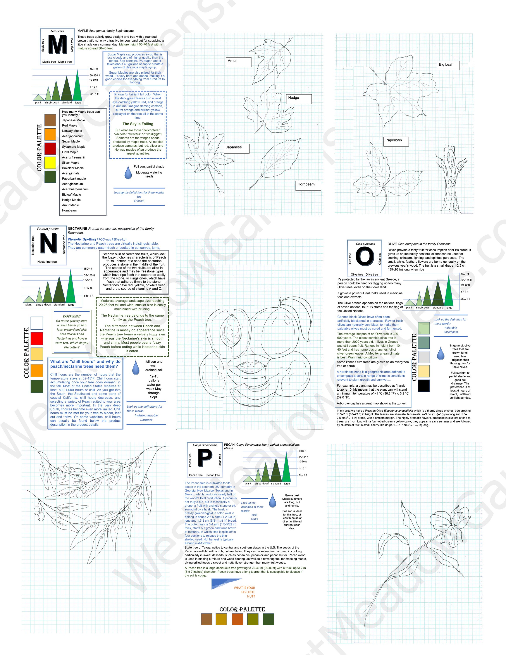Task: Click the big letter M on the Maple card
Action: coord(57,45)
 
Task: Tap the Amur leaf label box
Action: coord(239,62)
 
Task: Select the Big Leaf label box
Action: coord(447,65)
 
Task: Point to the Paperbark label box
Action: coord(396,141)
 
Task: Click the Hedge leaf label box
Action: coord(299,99)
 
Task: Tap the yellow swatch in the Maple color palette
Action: coord(50,163)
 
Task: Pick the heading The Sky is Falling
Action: coord(138,124)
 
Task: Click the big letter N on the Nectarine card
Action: coord(48,243)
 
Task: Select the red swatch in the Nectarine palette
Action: coord(37,338)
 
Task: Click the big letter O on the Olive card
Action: coord(365,257)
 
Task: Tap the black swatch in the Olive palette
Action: coord(423,385)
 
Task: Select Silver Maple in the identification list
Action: coord(71,163)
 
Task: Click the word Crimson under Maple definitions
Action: coord(139,201)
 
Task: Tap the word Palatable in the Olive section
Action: coord(451,327)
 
